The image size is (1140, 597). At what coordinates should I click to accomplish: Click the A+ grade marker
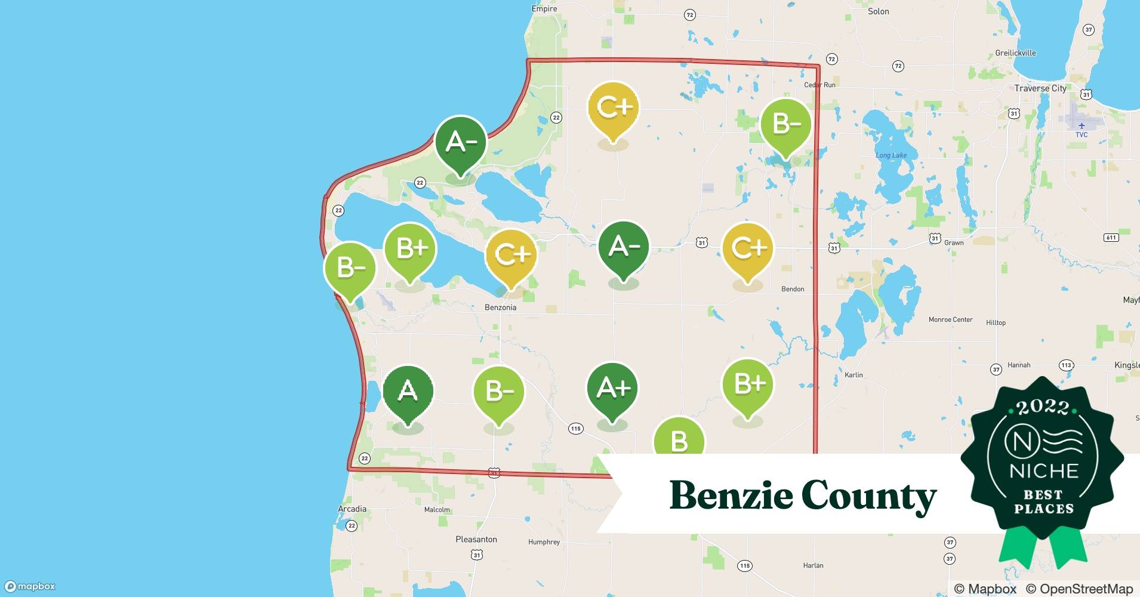click(x=612, y=389)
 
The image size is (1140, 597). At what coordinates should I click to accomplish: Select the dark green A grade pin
click(x=408, y=391)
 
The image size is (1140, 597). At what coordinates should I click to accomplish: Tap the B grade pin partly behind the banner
click(x=679, y=439)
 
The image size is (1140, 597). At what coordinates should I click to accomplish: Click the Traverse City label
click(x=1040, y=88)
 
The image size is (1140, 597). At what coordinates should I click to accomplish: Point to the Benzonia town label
click(x=500, y=307)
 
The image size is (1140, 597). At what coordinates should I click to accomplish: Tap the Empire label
click(x=544, y=9)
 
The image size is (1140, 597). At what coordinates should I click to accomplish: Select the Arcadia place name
click(x=352, y=509)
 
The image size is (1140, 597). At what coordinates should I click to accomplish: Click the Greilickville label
click(x=1015, y=53)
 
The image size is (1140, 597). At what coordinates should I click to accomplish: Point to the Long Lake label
click(x=891, y=156)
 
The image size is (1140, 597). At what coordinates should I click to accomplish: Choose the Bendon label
click(x=793, y=289)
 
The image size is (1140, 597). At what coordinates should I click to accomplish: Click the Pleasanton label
click(x=476, y=539)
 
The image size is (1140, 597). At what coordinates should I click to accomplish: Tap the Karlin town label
click(x=854, y=375)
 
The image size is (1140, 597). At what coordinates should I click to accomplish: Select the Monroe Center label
click(x=950, y=320)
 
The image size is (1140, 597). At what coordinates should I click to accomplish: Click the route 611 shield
click(x=1111, y=238)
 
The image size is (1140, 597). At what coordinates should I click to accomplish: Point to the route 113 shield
click(x=1066, y=365)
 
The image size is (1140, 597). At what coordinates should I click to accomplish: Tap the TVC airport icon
click(x=1082, y=125)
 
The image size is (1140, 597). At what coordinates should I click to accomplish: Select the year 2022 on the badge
click(x=1043, y=407)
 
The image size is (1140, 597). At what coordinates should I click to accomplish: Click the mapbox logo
click(x=30, y=586)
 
